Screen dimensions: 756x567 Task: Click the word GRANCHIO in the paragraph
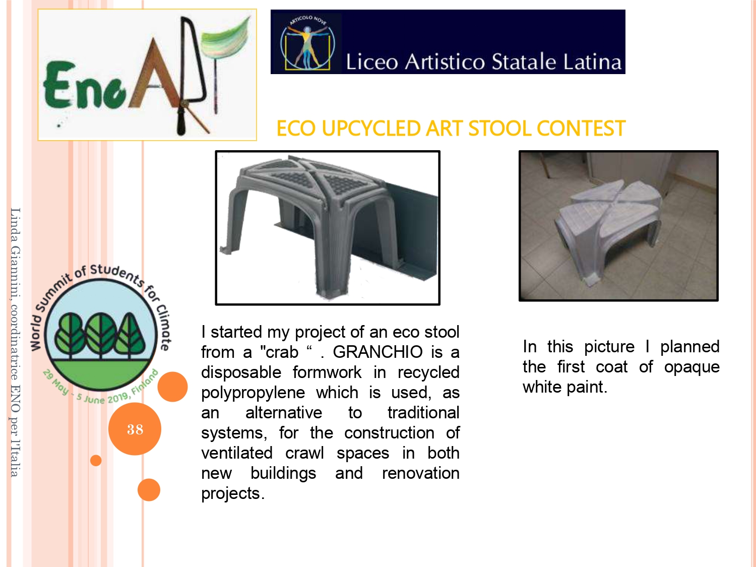point(377,352)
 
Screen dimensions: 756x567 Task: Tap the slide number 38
point(135,429)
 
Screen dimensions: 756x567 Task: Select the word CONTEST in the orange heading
point(581,129)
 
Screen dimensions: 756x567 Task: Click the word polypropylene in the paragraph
point(253,393)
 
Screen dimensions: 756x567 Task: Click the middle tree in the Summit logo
point(101,334)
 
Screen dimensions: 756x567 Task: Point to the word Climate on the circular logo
point(164,327)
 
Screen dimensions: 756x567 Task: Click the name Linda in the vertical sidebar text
point(15,225)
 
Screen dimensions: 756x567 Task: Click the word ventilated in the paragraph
point(237,453)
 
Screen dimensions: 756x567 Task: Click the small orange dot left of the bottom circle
point(96,460)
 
